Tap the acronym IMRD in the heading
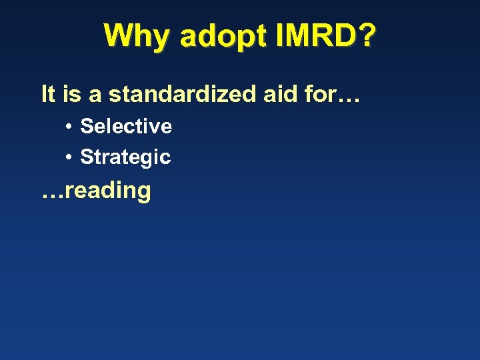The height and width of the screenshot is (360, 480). pos(314,36)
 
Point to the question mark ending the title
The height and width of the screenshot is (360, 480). pos(366,36)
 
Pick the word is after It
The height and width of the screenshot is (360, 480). pos(70,94)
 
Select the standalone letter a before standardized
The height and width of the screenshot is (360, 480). pos(95,95)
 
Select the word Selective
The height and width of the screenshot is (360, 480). pos(126,126)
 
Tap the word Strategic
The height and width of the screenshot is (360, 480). pos(125,158)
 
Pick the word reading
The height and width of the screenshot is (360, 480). pos(109,191)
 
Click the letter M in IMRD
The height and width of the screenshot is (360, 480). pos(299,36)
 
